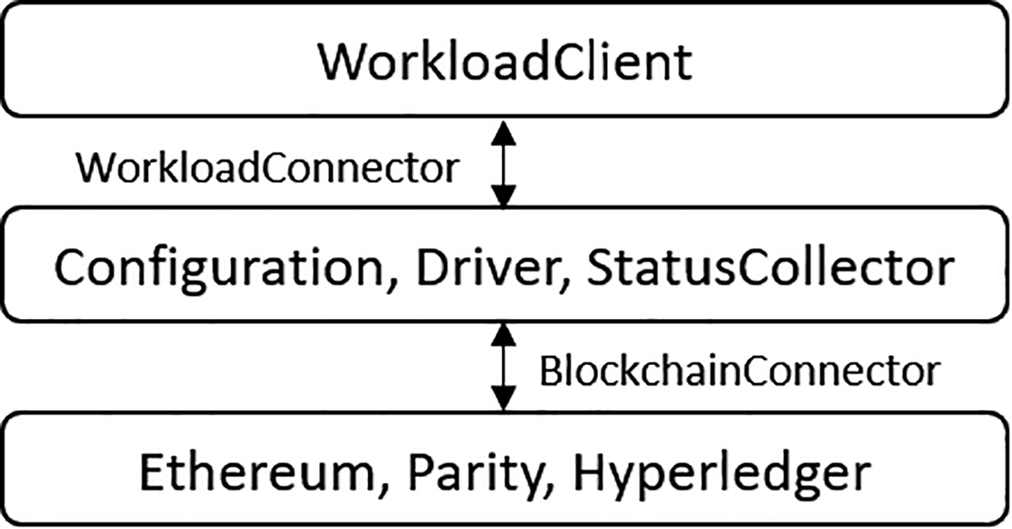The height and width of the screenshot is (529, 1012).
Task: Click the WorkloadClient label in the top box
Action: point(505,63)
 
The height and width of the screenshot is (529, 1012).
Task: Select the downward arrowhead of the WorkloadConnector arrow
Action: point(504,196)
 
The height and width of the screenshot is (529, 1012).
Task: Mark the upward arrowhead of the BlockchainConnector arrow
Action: point(504,334)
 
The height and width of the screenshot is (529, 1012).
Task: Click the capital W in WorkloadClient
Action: point(345,63)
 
